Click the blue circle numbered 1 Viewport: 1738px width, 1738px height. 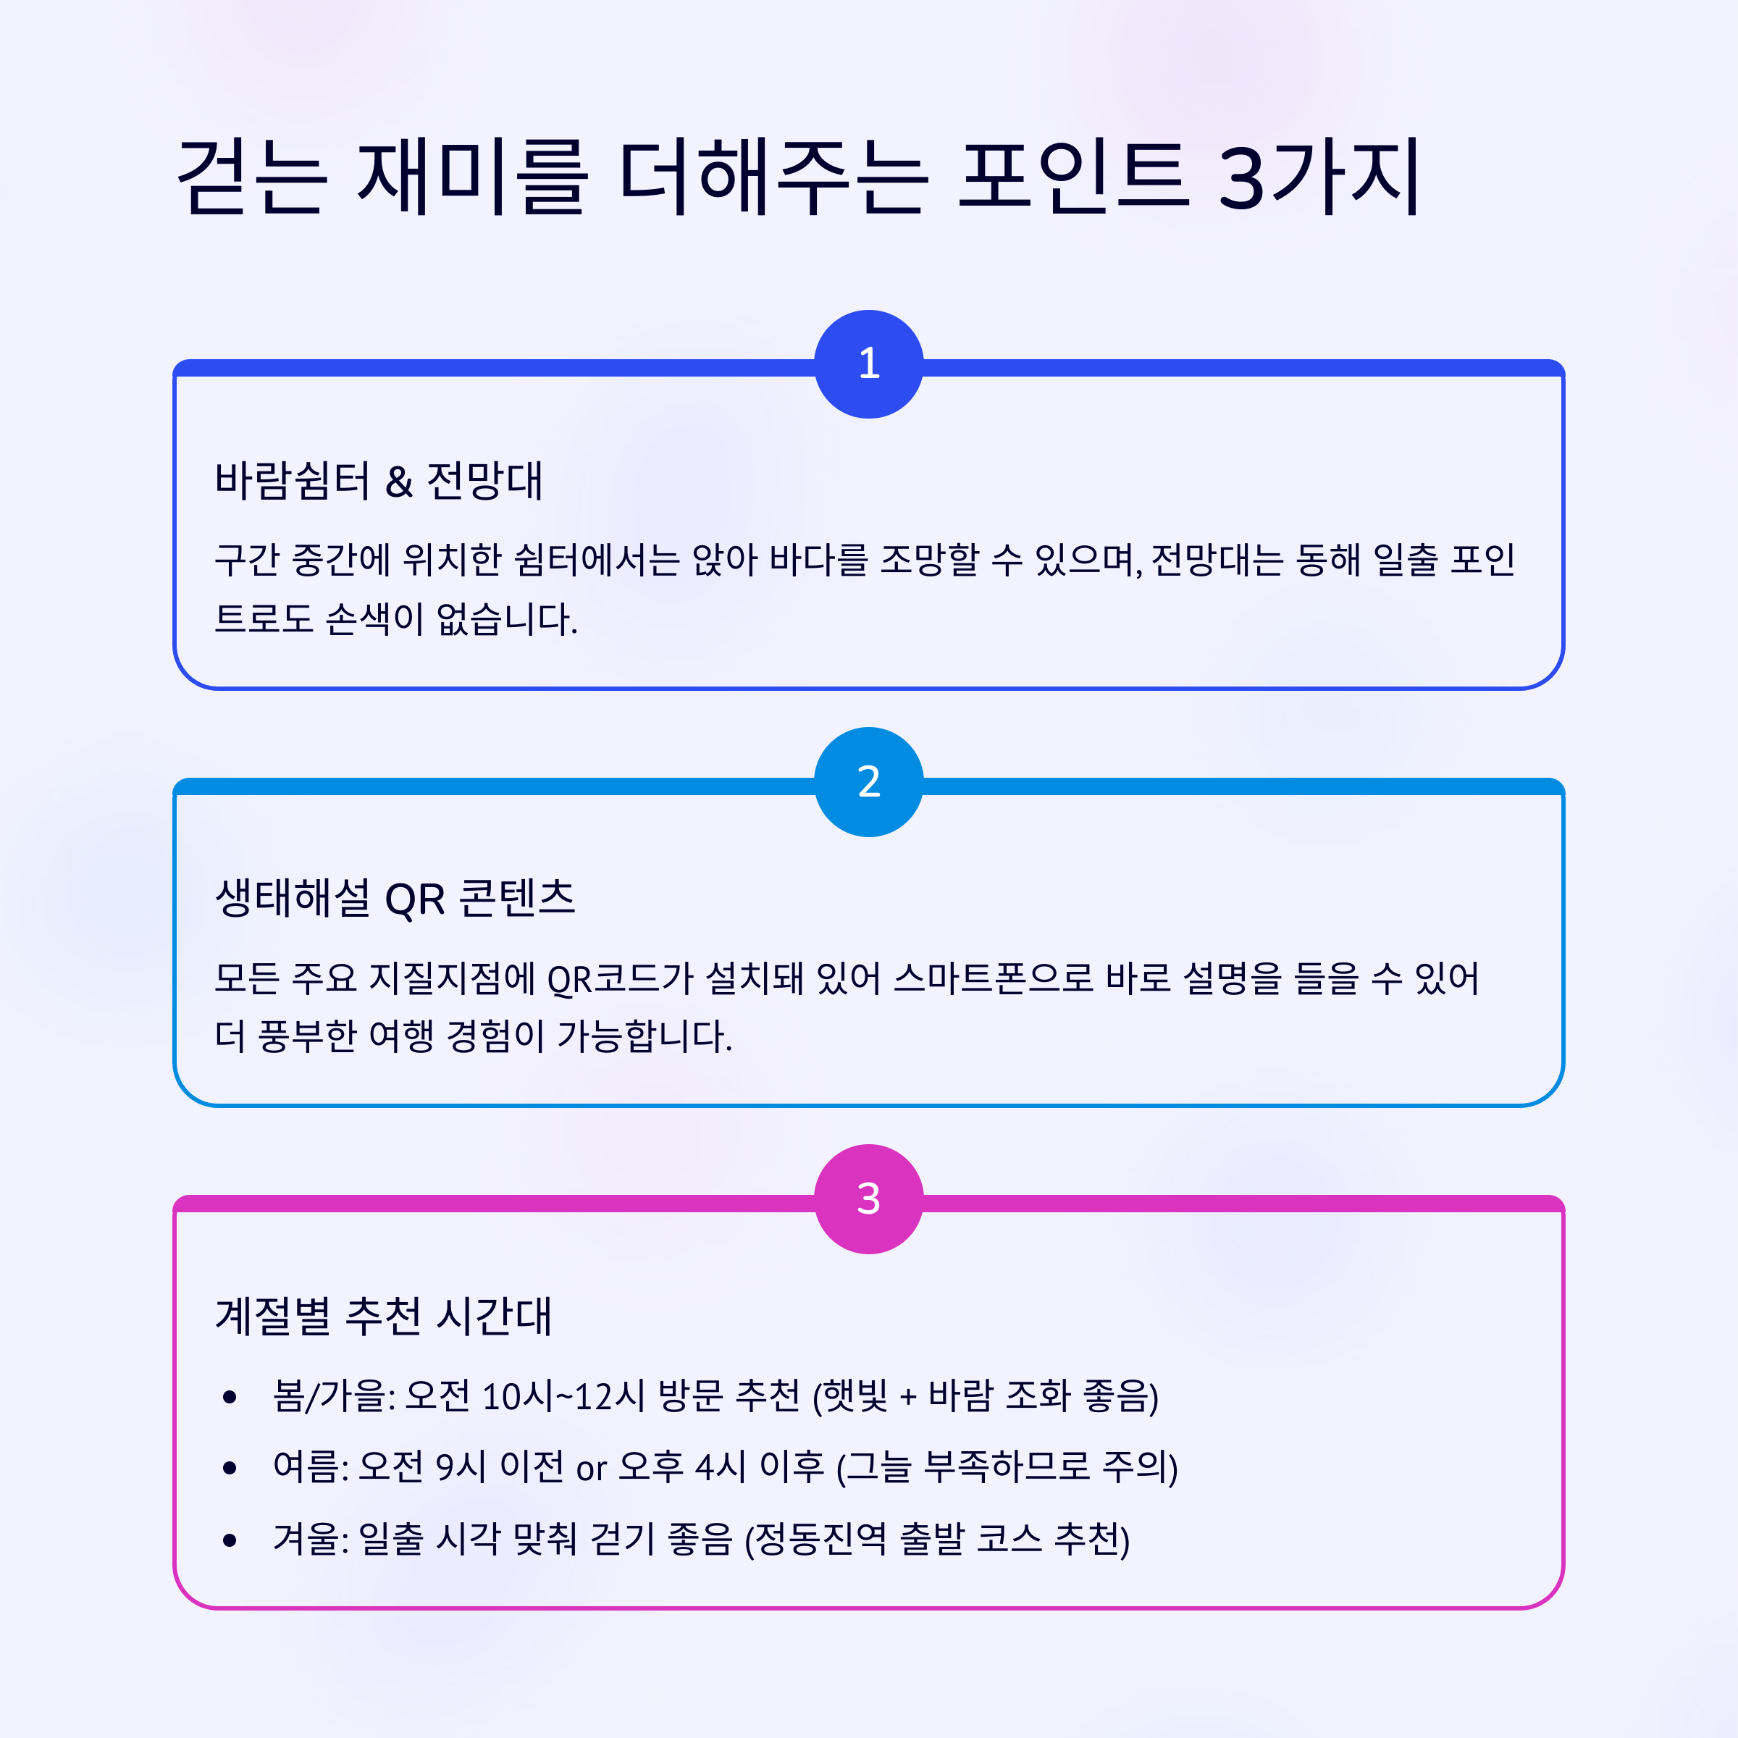868,364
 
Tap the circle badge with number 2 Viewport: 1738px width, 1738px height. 868,782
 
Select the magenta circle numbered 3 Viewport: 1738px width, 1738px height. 868,1199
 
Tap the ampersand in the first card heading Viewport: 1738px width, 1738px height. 398,482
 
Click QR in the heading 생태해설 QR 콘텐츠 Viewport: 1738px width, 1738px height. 415,899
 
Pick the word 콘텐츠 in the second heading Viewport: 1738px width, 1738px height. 517,898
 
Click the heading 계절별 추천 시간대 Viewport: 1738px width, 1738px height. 383,1316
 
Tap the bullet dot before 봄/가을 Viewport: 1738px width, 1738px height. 230,1397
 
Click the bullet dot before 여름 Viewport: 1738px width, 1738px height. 230,1468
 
